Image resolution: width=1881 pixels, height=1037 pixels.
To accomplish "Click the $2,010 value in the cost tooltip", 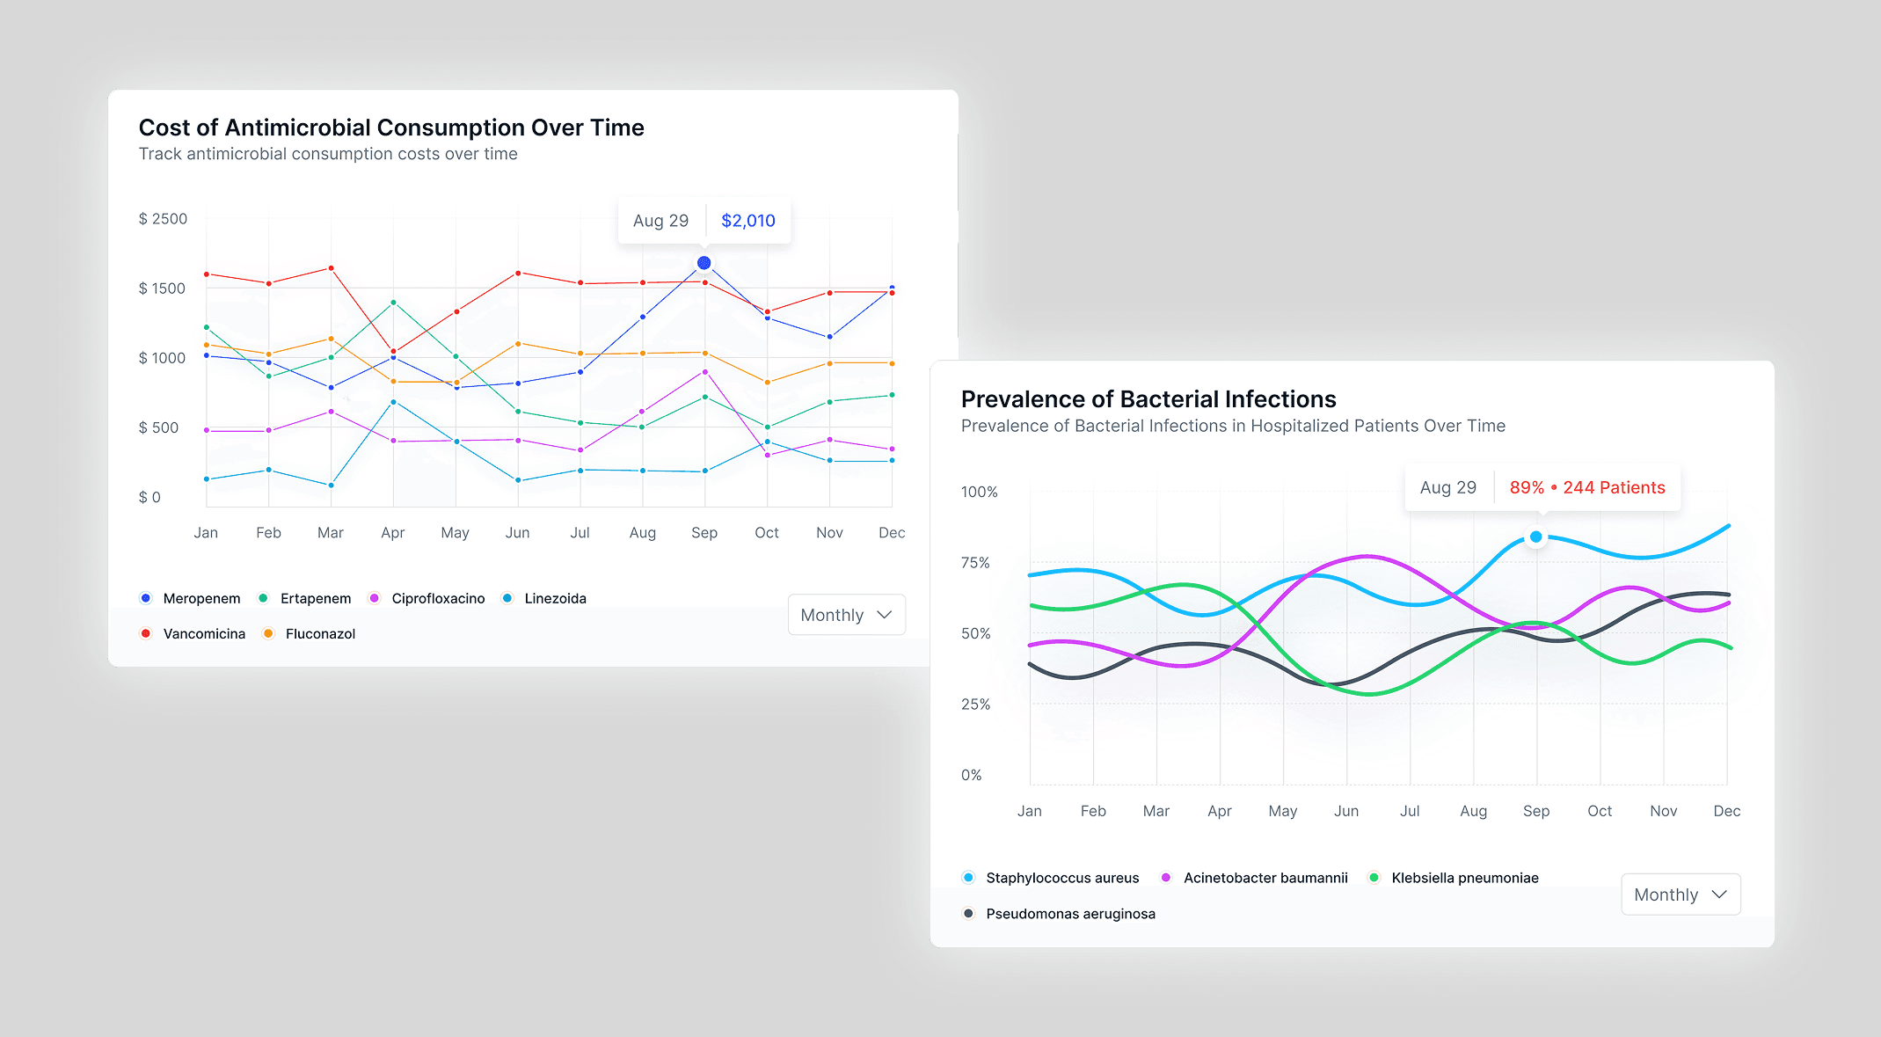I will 747,221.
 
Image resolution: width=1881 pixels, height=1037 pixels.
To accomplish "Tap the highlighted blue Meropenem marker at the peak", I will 704,263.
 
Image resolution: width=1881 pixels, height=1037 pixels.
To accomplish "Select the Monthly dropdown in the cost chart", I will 846,615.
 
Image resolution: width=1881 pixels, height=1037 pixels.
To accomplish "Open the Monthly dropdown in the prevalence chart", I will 1680,895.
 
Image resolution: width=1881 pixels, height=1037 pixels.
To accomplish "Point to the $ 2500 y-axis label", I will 163,219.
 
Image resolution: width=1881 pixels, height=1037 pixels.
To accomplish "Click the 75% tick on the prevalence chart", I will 975,563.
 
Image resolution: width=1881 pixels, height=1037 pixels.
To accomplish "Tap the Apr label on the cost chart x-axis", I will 392,533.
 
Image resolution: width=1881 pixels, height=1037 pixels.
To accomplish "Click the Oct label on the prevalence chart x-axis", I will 1599,811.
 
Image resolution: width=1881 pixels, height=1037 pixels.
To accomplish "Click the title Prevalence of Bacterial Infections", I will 1148,399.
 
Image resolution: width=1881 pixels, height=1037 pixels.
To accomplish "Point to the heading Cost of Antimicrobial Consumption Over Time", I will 391,128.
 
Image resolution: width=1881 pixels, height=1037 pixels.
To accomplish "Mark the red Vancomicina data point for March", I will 331,268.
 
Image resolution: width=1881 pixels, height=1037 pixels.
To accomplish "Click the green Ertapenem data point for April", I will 393,303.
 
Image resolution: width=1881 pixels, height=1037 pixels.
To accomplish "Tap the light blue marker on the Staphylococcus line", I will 1535,537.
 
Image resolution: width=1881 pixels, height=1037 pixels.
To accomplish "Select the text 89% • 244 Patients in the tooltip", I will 1586,487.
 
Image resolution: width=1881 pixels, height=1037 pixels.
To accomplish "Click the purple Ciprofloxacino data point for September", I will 705,372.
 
